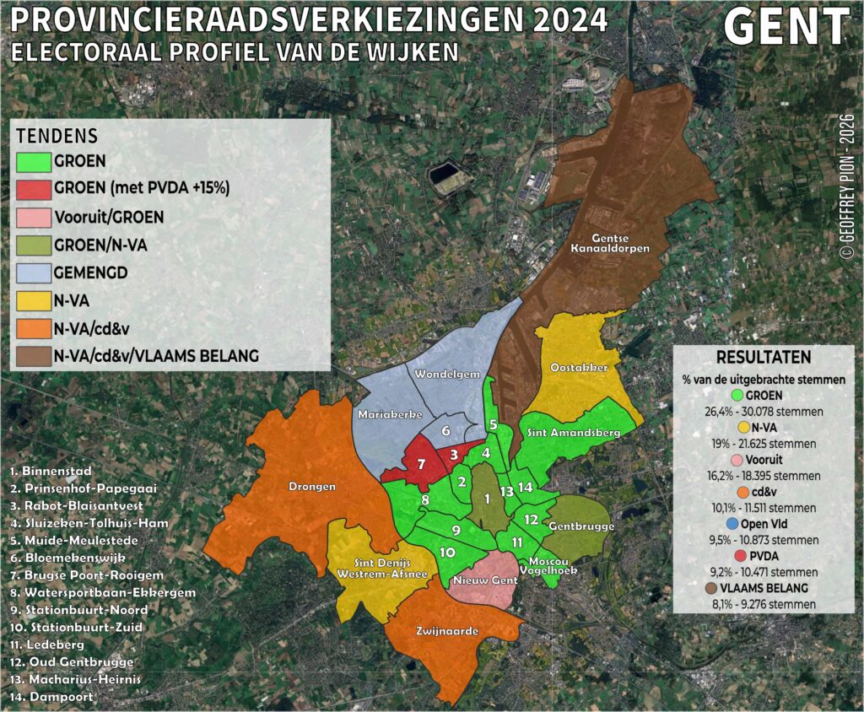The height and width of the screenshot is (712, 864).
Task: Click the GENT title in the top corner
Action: pyautogui.click(x=786, y=29)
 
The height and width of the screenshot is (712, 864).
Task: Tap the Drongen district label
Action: pyautogui.click(x=312, y=487)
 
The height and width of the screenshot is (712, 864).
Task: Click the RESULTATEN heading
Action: pyautogui.click(x=764, y=357)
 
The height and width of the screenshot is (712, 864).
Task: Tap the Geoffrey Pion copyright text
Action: pyautogui.click(x=847, y=186)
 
